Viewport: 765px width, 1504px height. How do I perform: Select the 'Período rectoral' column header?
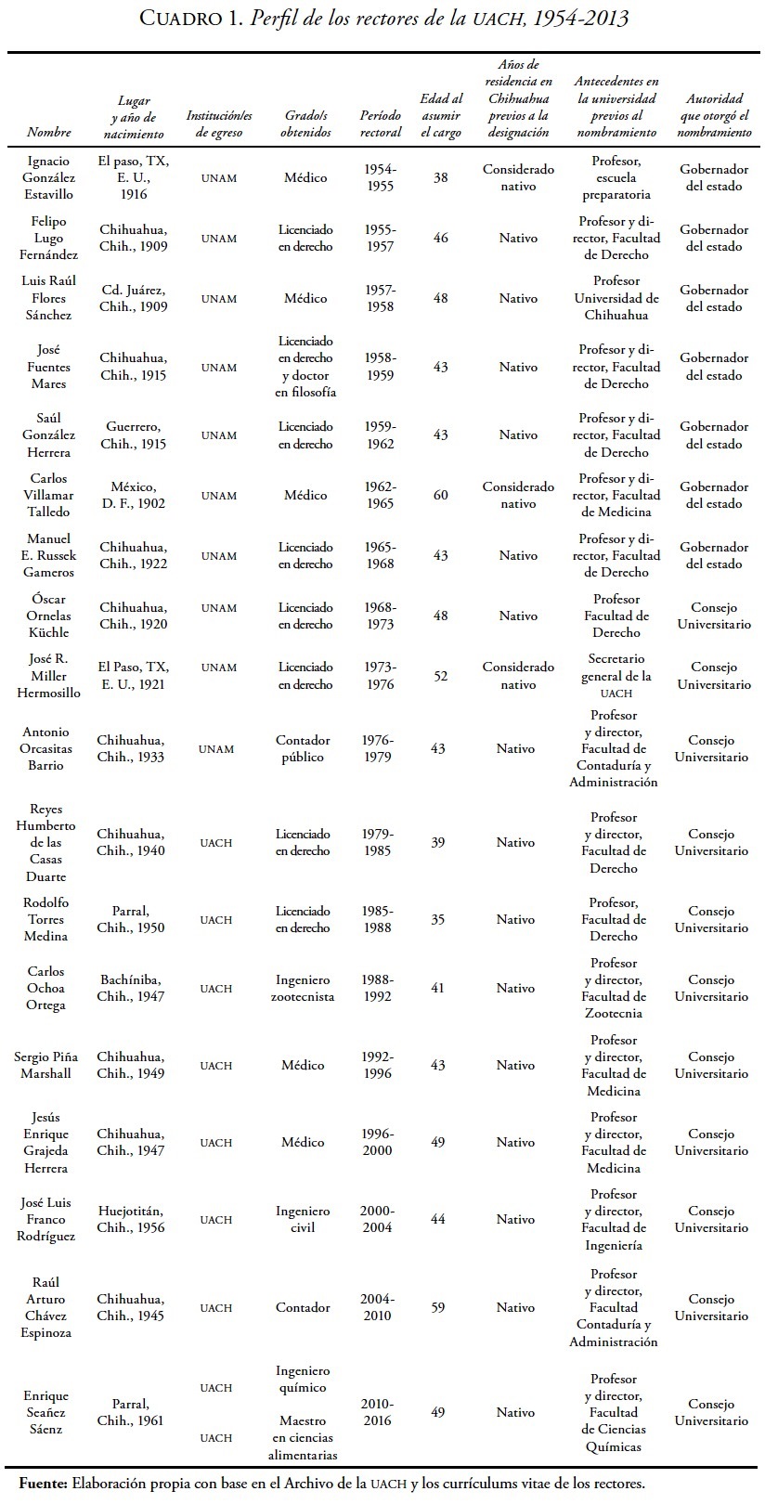coord(381,124)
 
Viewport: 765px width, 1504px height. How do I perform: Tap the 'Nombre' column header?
coord(49,132)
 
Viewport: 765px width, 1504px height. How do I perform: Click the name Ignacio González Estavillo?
coord(49,177)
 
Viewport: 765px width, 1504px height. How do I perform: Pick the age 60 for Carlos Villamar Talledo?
coord(440,495)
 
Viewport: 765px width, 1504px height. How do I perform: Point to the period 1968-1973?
coord(380,616)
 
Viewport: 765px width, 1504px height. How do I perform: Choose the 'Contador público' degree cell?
coord(303,748)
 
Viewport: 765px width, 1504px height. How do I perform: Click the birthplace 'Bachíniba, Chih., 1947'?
coord(131,988)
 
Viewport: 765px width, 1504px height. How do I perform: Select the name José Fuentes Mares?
coord(49,367)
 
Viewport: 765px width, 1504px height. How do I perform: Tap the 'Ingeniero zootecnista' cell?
coord(303,988)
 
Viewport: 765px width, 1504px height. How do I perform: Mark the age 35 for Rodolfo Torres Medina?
coord(438,919)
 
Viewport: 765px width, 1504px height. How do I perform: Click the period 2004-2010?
coord(377,1307)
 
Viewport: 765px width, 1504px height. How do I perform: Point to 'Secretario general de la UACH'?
coord(616,676)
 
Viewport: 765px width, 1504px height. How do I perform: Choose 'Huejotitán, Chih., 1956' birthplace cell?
coord(131,1219)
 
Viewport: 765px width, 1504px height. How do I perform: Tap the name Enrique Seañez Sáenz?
coord(45,1412)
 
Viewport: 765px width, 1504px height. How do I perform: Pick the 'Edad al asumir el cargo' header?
coord(441,115)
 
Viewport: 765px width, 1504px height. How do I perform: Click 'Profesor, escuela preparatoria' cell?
coord(616,177)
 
